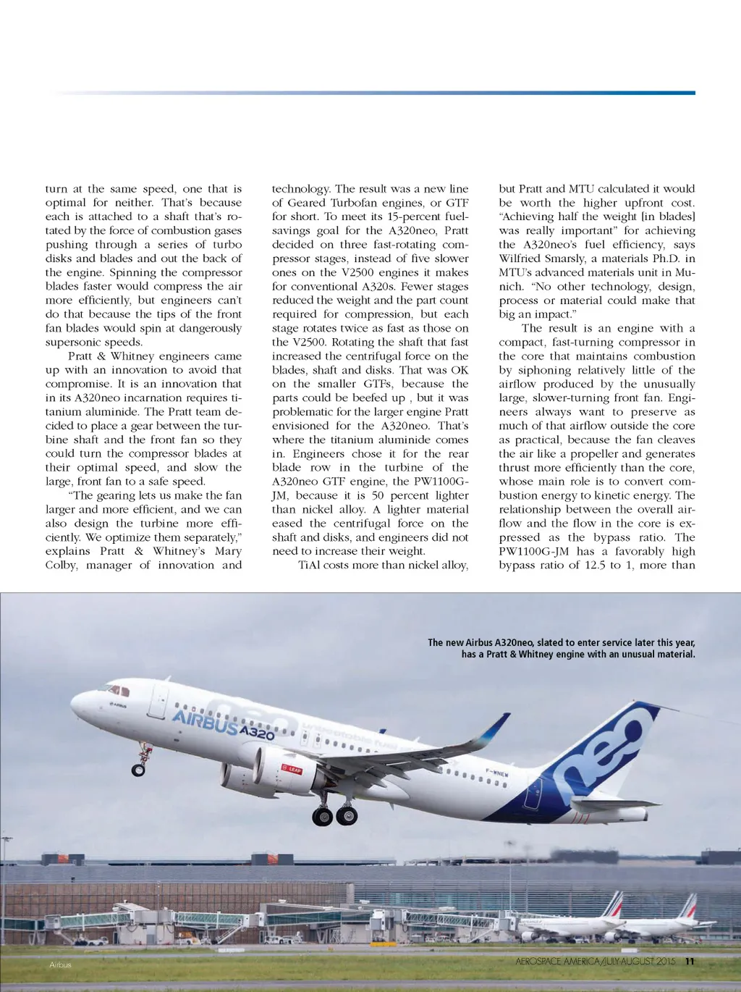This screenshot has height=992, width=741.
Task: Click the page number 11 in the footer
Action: tap(689, 962)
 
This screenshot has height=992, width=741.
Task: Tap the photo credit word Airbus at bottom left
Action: tap(60, 964)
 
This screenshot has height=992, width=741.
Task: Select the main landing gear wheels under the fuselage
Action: tap(334, 815)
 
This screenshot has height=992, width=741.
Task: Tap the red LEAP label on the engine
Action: tap(291, 769)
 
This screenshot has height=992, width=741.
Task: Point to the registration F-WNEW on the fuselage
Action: tap(496, 773)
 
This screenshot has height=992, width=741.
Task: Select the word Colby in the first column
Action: tap(61, 565)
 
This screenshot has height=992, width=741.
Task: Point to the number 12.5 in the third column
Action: tap(588, 565)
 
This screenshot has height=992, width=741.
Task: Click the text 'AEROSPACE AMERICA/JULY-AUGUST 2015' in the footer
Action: tap(596, 962)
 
